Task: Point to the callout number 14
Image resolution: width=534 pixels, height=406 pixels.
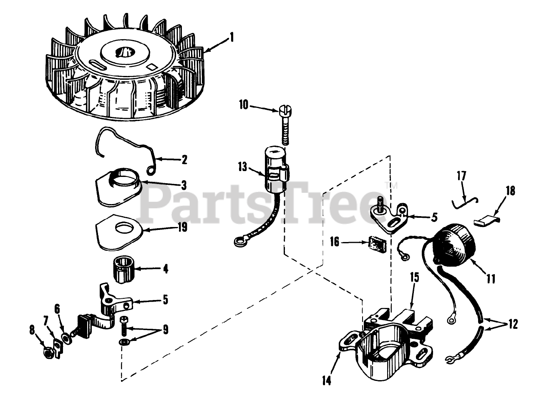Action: pos(327,381)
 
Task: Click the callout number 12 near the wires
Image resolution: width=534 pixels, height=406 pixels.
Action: pos(513,323)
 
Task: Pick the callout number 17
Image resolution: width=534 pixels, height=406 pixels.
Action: pos(461,175)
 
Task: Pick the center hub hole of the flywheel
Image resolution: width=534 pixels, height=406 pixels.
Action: pos(125,52)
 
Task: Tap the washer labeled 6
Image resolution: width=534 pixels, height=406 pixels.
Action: pos(66,337)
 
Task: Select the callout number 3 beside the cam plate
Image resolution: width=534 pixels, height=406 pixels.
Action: pos(184,184)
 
